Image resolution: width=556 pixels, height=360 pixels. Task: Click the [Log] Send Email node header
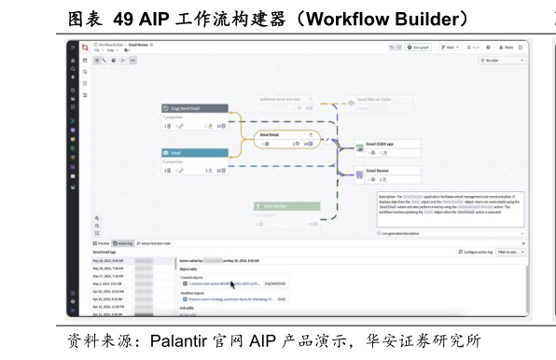(193, 108)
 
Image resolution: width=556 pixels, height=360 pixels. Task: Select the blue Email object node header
(193, 152)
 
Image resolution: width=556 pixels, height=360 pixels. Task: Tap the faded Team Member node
(286, 206)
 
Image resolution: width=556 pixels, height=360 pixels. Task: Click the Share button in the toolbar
(507, 47)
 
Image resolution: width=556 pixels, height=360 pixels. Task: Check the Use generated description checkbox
(380, 234)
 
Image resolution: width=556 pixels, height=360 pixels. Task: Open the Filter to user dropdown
(509, 252)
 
